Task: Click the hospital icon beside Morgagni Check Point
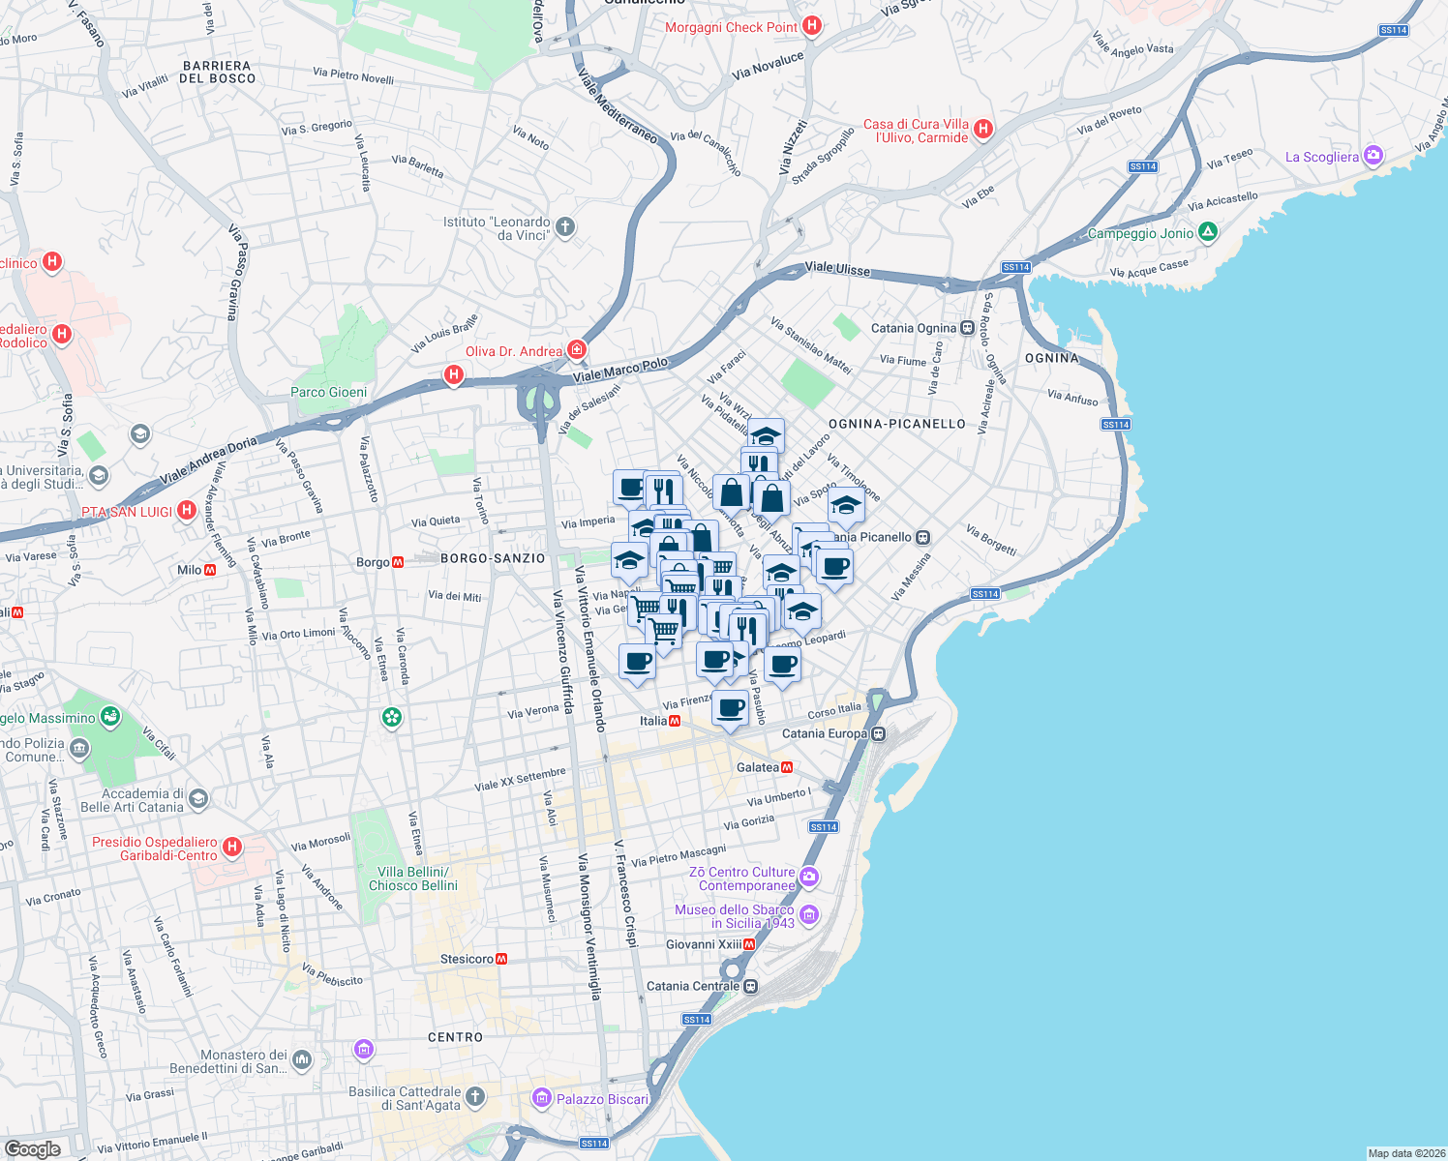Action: (x=812, y=26)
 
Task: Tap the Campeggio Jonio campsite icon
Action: (x=1207, y=232)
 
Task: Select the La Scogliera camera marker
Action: (x=1373, y=156)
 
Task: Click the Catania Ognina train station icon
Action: (x=967, y=328)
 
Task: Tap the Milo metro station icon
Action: (x=210, y=570)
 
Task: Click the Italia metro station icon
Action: (x=675, y=721)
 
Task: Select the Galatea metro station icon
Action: (x=788, y=767)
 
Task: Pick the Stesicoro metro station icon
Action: (x=501, y=959)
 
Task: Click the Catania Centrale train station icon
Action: (x=751, y=986)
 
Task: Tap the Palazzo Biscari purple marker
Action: (x=541, y=1098)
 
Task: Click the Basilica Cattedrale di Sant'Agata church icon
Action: (x=474, y=1096)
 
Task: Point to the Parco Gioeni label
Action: (x=328, y=392)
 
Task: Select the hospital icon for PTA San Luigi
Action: (x=187, y=510)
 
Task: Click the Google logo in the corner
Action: (x=33, y=1148)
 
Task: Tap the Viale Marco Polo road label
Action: (x=619, y=370)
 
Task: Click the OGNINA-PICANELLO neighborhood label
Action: (x=896, y=424)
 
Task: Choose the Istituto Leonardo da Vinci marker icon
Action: (x=565, y=227)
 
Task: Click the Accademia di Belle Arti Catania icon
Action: (x=198, y=798)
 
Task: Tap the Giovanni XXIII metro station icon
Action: (x=749, y=944)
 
